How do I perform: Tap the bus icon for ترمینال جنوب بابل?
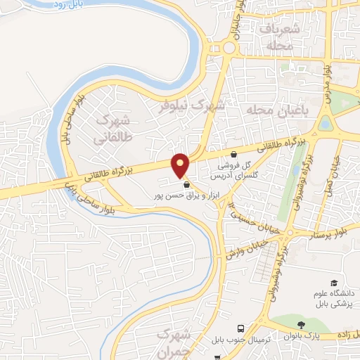pos(240,328)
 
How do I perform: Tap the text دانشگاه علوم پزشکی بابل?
pos(334,298)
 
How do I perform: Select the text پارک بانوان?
pos(326,336)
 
